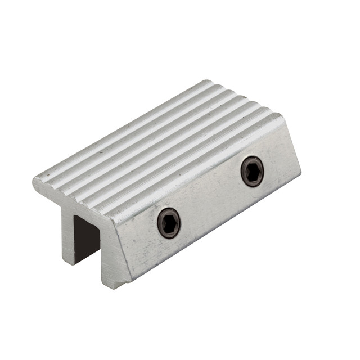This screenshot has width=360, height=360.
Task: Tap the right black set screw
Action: (x=252, y=171)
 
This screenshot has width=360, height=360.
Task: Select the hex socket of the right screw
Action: (x=253, y=172)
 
